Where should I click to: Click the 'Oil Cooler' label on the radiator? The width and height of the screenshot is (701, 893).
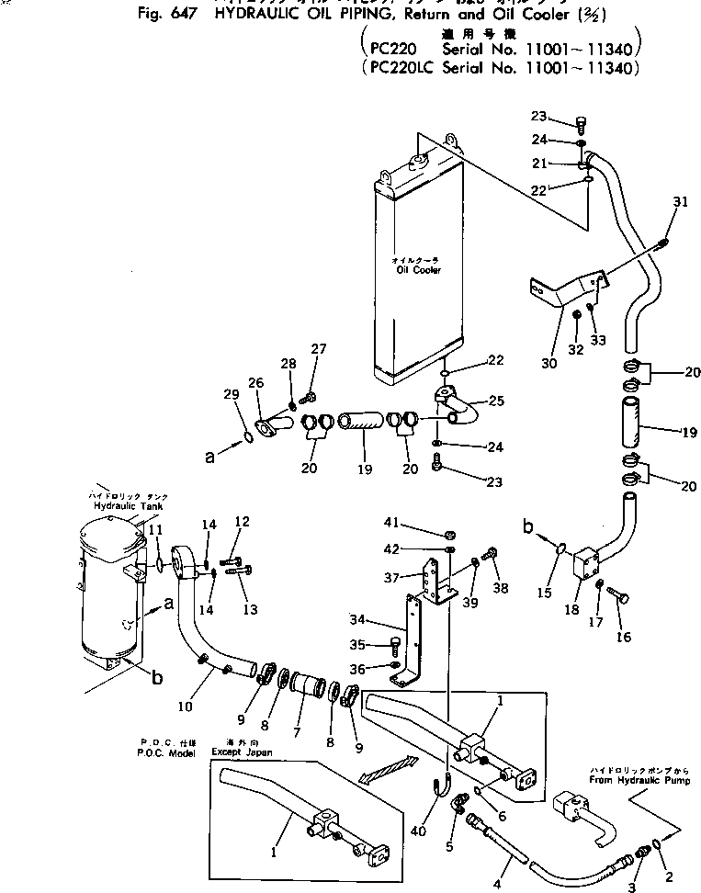point(419,271)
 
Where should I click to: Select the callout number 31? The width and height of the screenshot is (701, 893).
point(679,202)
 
